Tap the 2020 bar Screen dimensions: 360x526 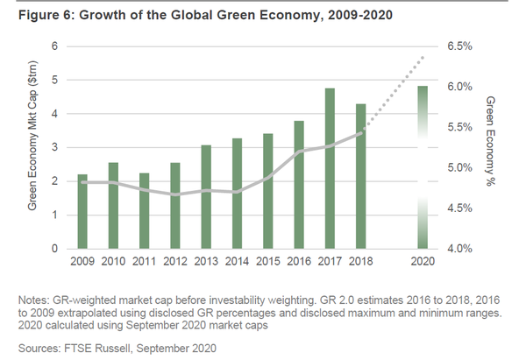(423, 167)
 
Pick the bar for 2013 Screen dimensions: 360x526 (207, 197)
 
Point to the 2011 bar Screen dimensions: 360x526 (145, 211)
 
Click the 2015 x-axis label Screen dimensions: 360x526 (267, 260)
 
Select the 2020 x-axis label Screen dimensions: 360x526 (423, 260)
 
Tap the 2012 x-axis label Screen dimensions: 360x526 (175, 260)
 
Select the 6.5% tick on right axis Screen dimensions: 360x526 (463, 46)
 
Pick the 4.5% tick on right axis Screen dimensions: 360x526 (463, 208)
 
